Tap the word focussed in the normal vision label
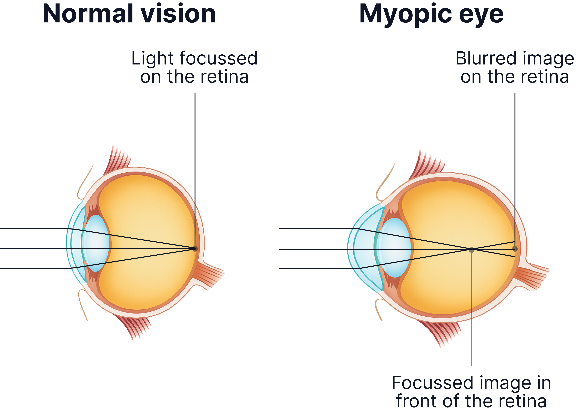pyautogui.click(x=219, y=58)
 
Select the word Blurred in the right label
pyautogui.click(x=485, y=58)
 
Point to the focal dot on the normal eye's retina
pyautogui.click(x=195, y=249)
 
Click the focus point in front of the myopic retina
pyautogui.click(x=472, y=250)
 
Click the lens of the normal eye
pyautogui.click(x=97, y=243)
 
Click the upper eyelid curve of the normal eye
pyautogui.click(x=84, y=182)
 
